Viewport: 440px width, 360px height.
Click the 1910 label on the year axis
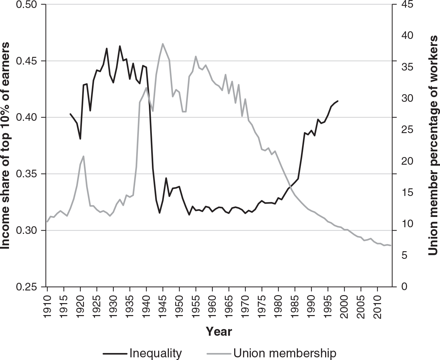pos(48,305)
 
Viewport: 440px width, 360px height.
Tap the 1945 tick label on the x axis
pos(163,305)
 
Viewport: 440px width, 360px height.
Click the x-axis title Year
pos(219,331)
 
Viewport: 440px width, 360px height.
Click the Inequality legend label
pos(155,353)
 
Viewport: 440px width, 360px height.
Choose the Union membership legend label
pos(285,353)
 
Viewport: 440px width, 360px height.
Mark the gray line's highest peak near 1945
pos(163,44)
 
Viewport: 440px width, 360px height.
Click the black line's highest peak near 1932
pos(120,46)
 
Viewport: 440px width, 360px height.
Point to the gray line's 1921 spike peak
pos(84,156)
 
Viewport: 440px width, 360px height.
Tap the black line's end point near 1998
pos(338,101)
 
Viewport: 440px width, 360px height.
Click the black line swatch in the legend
pos(115,353)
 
